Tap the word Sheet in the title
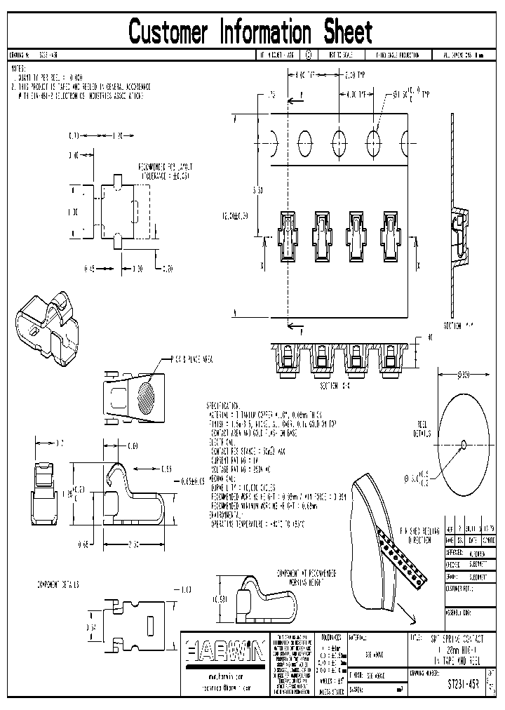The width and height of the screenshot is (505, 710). [347, 32]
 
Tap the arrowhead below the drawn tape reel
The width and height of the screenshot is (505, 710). [410, 617]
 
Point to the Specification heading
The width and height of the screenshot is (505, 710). [223, 406]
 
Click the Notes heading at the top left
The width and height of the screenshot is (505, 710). [18, 69]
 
